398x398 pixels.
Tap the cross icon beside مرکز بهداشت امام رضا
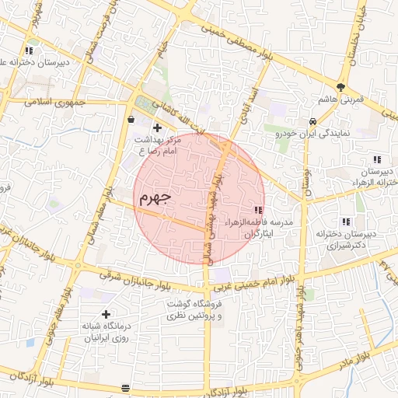[x=157, y=127]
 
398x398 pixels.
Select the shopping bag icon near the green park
[x=130, y=120]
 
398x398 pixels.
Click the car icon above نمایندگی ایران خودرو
[x=312, y=121]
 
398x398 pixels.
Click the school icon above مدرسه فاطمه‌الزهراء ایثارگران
[x=258, y=210]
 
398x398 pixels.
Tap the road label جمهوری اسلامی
[x=47, y=102]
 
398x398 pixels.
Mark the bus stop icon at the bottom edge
[x=126, y=386]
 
